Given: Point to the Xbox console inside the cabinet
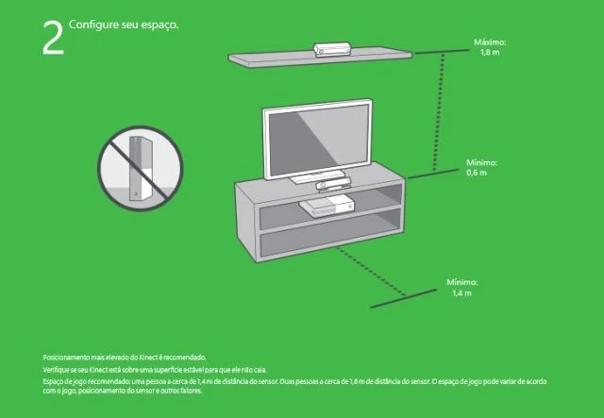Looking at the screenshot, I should [x=327, y=206].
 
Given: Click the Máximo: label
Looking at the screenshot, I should [x=491, y=43].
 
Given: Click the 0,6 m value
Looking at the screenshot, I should [x=477, y=173].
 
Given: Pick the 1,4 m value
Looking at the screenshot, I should [x=461, y=293].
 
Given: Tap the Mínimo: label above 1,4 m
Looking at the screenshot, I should [x=461, y=282].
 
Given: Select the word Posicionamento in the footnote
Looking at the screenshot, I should [x=65, y=358].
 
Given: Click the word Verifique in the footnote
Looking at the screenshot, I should [x=56, y=370].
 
